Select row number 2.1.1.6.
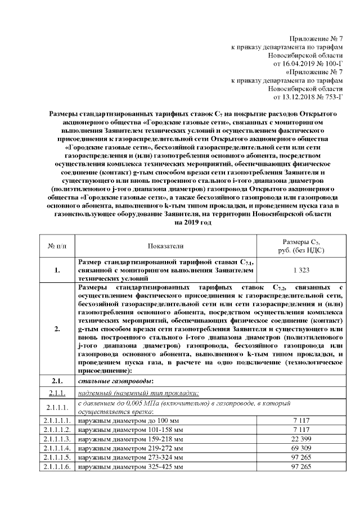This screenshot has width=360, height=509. (57, 466)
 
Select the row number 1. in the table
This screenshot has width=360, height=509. (57, 271)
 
